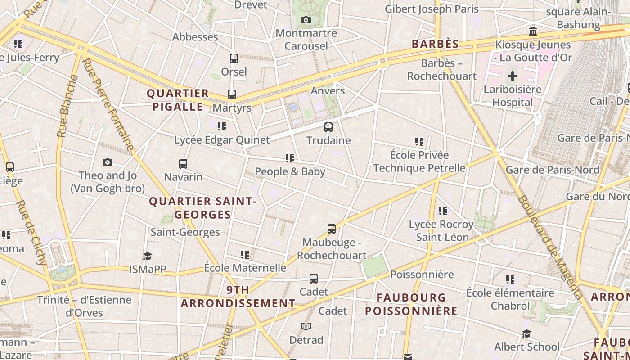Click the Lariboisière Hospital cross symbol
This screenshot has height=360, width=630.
(x=512, y=76)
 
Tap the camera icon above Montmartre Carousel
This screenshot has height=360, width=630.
(x=306, y=20)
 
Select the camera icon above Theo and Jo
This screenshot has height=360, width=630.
(x=108, y=162)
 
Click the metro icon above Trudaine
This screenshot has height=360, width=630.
(x=328, y=127)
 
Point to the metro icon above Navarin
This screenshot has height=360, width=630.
(x=183, y=164)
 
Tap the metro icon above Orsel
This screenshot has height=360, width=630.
(x=234, y=58)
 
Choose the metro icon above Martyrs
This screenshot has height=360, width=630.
(x=232, y=94)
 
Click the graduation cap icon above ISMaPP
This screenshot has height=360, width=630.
(x=147, y=256)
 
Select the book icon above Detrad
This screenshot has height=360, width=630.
(x=306, y=326)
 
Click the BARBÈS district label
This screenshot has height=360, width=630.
(x=435, y=44)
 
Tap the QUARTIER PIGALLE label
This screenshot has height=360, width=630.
(x=178, y=100)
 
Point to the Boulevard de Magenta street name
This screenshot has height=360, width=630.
(x=549, y=247)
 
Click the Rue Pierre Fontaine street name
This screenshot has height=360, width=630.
(x=109, y=105)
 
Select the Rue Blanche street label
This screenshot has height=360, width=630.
(x=67, y=106)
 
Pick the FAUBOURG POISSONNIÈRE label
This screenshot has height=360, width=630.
(x=411, y=304)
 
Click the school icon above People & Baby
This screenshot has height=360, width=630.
(x=290, y=158)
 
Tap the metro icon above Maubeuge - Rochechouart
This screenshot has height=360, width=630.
(x=332, y=229)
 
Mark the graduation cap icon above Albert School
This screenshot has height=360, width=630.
(x=526, y=333)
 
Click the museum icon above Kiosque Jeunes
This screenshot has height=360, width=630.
(x=533, y=31)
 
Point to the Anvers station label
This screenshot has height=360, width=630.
(x=328, y=91)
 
